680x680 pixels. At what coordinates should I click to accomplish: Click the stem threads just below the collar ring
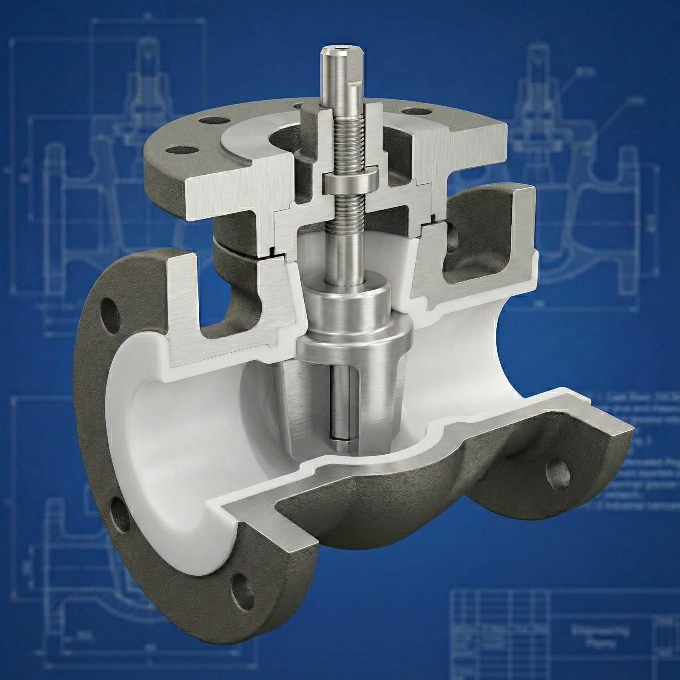pyautogui.click(x=348, y=208)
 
